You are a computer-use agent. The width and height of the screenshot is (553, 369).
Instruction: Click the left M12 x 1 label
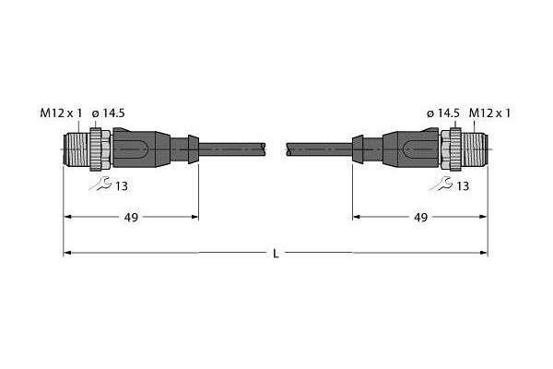61,113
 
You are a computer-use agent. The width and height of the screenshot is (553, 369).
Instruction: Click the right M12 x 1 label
489,113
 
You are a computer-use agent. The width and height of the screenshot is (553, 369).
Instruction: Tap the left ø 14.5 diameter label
108,113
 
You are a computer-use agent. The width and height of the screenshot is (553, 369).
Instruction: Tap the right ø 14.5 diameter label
443,113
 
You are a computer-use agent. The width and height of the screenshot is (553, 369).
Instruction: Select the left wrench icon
100,184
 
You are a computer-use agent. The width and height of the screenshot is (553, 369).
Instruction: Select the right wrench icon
441,184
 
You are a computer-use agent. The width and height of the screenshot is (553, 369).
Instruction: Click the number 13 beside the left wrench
122,186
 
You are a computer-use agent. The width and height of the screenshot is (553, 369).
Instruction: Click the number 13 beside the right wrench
463,186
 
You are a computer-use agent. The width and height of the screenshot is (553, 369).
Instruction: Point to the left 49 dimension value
131,218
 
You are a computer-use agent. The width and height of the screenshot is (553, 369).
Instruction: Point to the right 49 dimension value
421,218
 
